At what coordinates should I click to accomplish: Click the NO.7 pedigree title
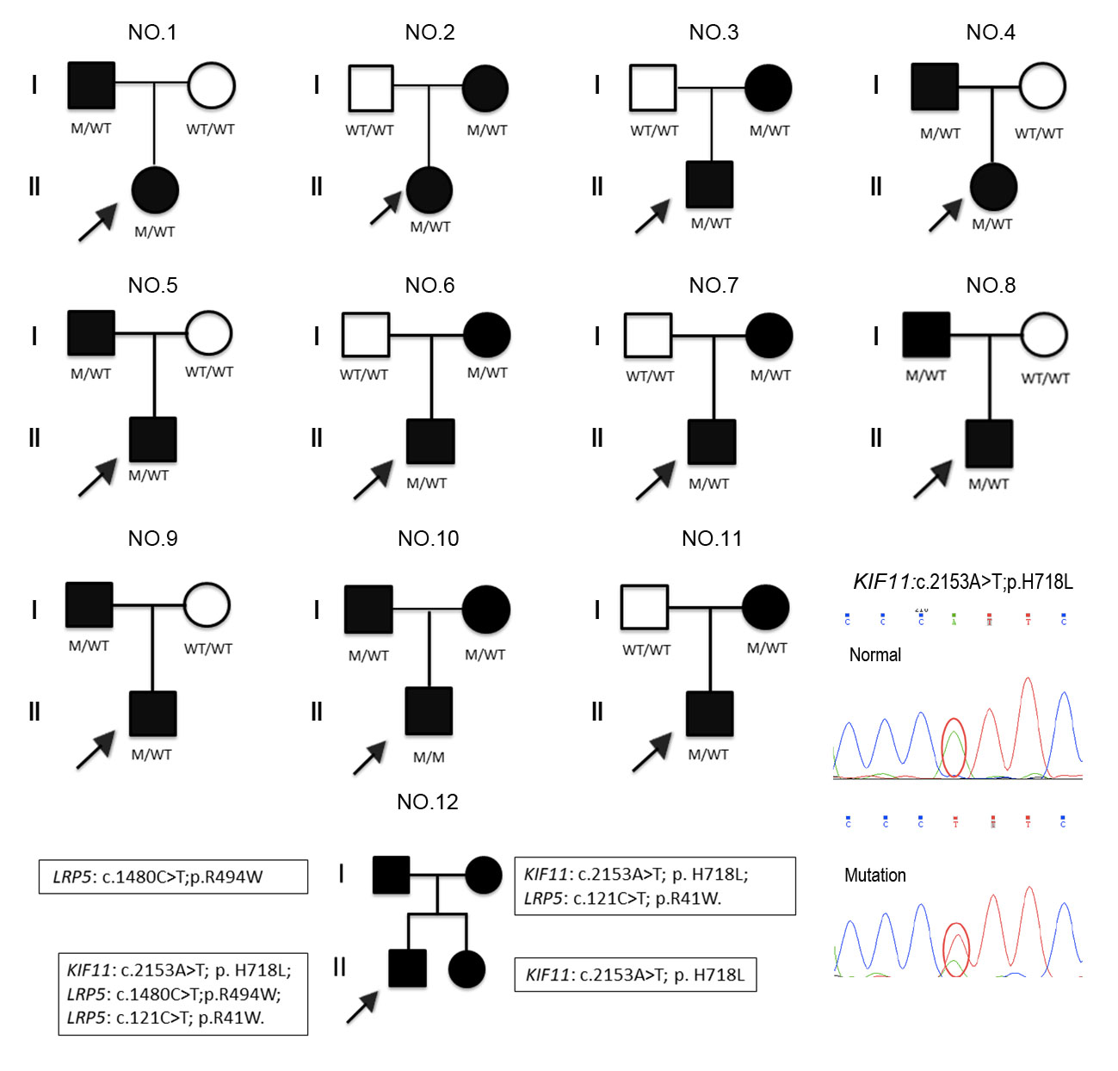click(x=713, y=285)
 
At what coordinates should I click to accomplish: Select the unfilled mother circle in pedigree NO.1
click(x=211, y=86)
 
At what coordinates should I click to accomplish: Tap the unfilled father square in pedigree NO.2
click(x=370, y=88)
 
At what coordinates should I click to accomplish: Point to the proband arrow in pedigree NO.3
click(x=652, y=217)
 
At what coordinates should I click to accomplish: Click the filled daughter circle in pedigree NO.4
click(x=993, y=187)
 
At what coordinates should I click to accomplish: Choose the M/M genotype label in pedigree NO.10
click(x=429, y=758)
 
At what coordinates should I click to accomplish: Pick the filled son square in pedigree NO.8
click(x=989, y=443)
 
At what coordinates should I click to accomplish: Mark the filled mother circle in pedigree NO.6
click(x=487, y=335)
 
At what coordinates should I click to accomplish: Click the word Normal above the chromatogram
click(x=874, y=655)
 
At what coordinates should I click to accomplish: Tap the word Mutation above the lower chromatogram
click(x=874, y=876)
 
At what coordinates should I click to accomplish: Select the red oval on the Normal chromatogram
click(x=954, y=746)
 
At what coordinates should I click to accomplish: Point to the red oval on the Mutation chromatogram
click(x=956, y=949)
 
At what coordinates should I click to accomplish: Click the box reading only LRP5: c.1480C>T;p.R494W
click(x=173, y=876)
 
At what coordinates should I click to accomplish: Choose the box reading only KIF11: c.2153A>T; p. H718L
click(x=635, y=975)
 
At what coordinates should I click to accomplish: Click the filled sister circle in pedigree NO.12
click(x=467, y=969)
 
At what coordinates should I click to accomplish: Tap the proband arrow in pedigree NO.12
click(x=362, y=1007)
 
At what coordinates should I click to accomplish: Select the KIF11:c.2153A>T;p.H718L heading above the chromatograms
click(x=962, y=582)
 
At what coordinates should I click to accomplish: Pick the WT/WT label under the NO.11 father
click(x=646, y=650)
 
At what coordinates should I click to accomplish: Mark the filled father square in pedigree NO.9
click(x=90, y=604)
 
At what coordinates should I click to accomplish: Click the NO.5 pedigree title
click(x=152, y=285)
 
